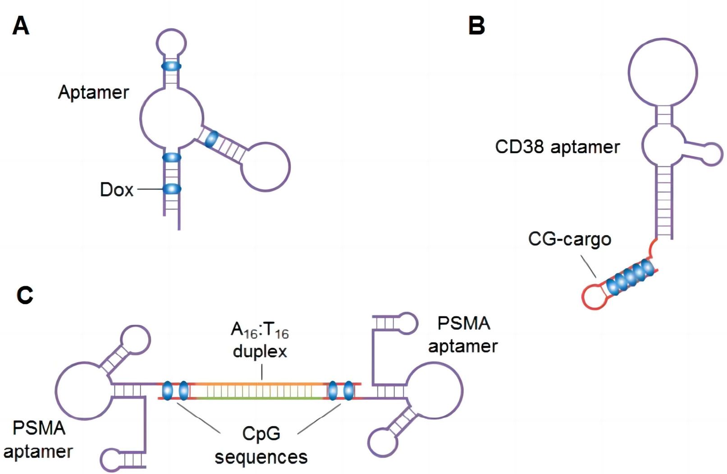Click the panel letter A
21,26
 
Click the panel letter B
476,26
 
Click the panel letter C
25,295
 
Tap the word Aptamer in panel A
93,92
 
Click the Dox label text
116,190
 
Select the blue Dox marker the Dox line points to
172,189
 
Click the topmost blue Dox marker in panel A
171,66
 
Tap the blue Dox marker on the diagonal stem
211,139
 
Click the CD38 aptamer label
557,147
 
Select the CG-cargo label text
569,239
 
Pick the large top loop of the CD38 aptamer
663,72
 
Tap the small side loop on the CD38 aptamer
713,154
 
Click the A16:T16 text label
260,330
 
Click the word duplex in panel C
260,351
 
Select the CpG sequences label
261,445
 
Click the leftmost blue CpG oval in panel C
167,391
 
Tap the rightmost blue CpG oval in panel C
348,391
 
